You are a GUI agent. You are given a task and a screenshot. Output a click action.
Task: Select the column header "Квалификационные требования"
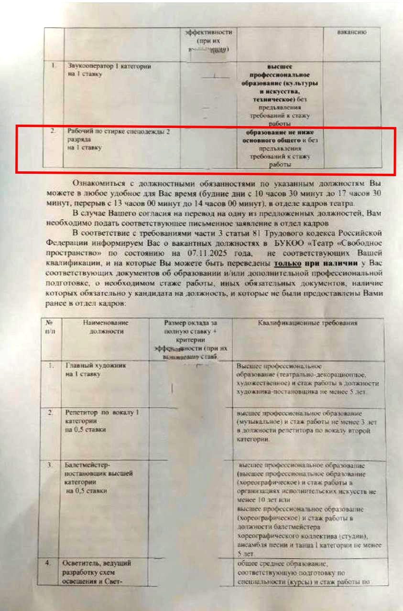[308, 323]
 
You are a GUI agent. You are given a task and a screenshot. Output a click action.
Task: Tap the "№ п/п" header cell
[49, 327]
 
